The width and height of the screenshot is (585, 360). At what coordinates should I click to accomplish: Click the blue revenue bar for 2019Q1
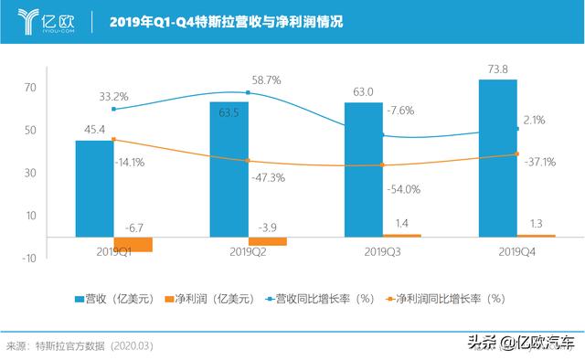94,188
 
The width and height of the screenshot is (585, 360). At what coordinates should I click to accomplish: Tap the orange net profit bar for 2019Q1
133,244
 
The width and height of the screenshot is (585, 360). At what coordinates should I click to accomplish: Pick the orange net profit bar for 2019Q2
268,241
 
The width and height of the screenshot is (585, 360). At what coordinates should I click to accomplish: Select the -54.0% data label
405,189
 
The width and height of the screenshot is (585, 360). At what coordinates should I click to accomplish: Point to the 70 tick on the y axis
30,88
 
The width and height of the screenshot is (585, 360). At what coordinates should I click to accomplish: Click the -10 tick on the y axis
29,259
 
